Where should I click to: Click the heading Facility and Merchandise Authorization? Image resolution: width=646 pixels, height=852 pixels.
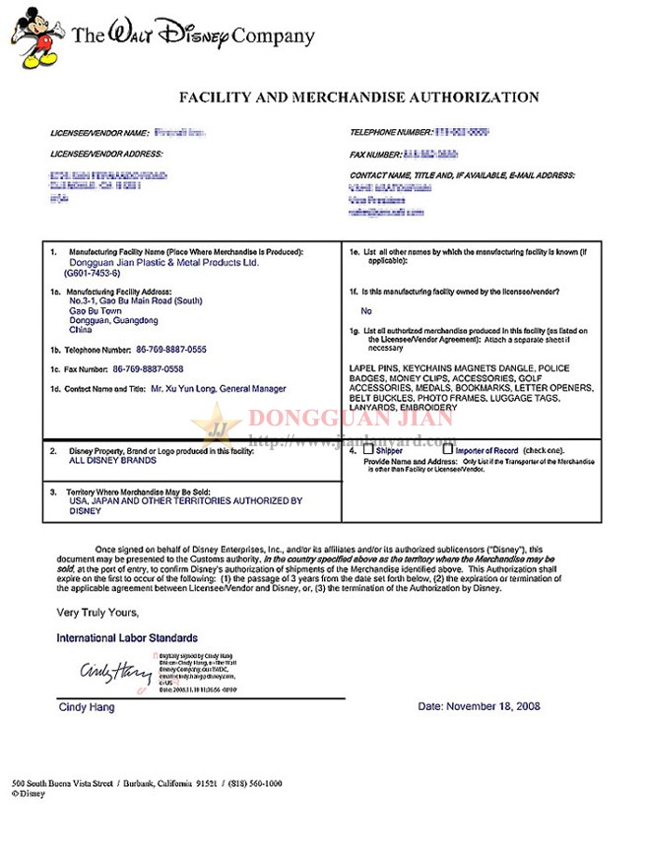click(358, 98)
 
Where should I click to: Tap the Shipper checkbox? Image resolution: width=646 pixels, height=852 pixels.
click(369, 450)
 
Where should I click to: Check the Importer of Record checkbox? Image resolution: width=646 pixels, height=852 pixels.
click(449, 450)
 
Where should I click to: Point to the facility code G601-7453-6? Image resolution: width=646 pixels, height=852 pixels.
click(99, 274)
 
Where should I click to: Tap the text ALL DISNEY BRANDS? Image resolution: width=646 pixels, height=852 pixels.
click(109, 460)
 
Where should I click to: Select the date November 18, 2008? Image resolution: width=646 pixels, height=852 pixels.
click(479, 706)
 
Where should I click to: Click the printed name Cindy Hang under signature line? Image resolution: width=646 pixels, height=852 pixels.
click(86, 707)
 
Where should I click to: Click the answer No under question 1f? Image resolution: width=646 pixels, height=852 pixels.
click(366, 310)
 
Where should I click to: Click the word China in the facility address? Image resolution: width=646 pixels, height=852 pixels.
click(79, 331)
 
